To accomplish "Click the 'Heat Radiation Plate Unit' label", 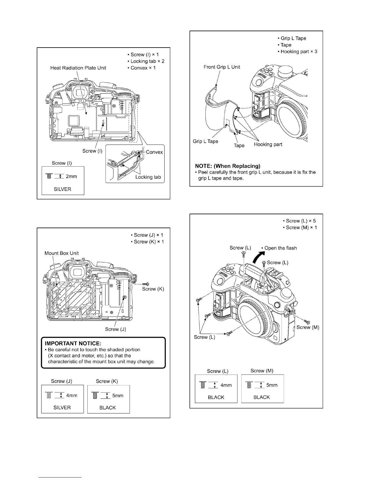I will pos(78,68).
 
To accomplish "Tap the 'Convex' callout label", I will pos(154,152).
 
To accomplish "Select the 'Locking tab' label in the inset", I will pos(148,177).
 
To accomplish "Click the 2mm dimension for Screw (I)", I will pos(71,176).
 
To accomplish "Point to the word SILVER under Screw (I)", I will pos(62,189).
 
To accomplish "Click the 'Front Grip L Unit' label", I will pos(222,67).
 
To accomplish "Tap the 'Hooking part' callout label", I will pos(268,144).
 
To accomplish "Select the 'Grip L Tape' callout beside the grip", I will pos(206,141).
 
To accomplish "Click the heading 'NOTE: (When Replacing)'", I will pos(228,166).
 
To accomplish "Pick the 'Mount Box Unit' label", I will pos(62,253).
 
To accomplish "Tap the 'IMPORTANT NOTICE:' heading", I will pos(72,343).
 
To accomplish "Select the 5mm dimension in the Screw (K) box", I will pos(118,395).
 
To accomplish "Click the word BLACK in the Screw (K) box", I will pos(108,408).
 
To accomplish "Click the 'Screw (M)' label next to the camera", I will pos(308,327).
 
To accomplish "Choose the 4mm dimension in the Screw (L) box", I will pos(226,385).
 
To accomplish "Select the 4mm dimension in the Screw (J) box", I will pos(72,395).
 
